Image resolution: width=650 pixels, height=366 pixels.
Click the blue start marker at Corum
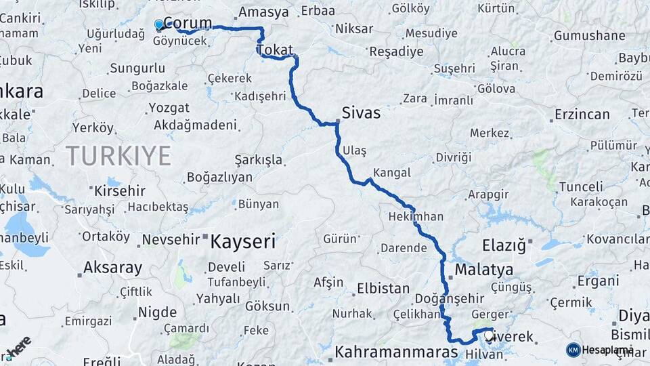pos(159,25)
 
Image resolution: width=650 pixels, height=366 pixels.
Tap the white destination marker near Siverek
pos(488,334)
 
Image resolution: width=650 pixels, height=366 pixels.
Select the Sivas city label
pos(362,113)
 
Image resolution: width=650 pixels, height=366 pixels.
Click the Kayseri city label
pos(243,241)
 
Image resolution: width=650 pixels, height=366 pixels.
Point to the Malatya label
pos(483,270)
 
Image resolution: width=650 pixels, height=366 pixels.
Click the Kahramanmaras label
pos(397,352)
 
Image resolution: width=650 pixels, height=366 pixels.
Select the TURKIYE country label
pos(118,156)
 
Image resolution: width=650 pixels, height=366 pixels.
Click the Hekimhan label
pos(416,217)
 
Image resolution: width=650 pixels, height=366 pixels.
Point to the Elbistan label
pos(383,288)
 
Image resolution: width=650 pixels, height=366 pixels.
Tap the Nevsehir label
pos(171,239)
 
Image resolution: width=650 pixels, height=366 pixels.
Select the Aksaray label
pos(114,268)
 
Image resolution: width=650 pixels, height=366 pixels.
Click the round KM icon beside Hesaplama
pos(573,350)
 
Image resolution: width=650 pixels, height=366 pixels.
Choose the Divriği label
pos(453,157)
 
